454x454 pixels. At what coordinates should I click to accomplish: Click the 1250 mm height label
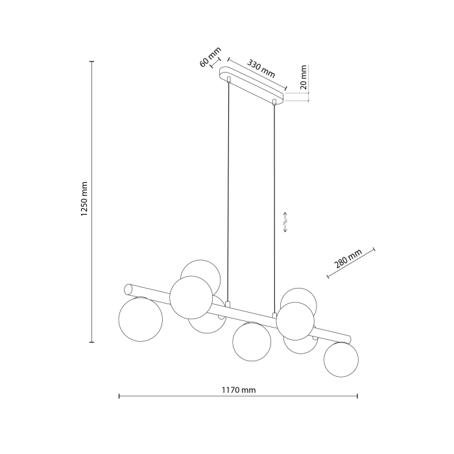click(84, 200)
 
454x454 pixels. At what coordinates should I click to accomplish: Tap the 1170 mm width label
click(239, 390)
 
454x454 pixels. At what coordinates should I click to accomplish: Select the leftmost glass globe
click(141, 319)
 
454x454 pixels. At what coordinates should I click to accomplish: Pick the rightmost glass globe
click(341, 359)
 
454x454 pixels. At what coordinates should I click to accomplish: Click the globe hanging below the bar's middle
click(251, 342)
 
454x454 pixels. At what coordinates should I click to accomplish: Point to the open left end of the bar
click(128, 287)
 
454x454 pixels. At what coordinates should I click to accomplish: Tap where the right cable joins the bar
click(275, 316)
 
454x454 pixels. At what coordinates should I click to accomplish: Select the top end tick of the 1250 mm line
click(92, 62)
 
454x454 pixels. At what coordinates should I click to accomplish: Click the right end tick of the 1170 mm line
click(357, 396)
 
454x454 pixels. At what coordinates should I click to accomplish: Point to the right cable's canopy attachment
click(275, 102)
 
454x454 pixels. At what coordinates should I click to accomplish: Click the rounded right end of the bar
click(351, 339)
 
